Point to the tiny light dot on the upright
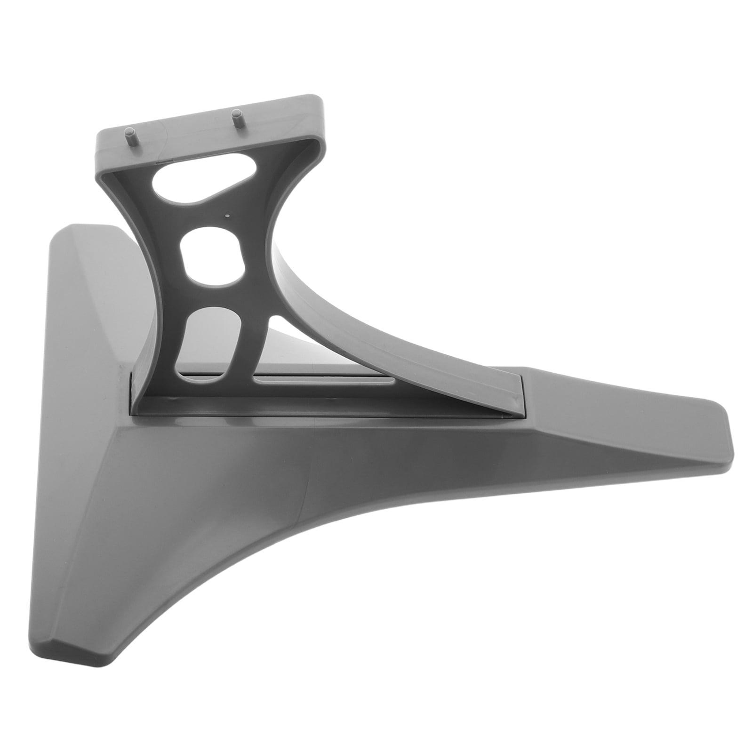point(228,216)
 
